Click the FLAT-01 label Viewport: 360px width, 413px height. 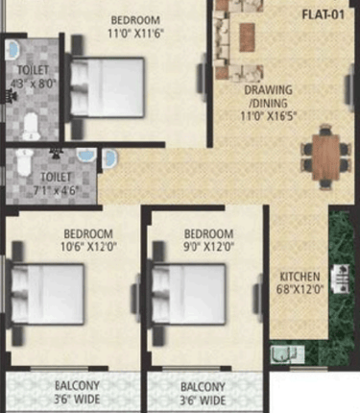pos(324,14)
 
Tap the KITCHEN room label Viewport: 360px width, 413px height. pos(300,277)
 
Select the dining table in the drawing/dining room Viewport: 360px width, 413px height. pos(325,158)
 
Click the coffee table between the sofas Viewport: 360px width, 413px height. pos(247,37)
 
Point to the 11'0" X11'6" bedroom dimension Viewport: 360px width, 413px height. pos(135,34)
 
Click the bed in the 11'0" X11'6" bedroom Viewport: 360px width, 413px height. pos(107,87)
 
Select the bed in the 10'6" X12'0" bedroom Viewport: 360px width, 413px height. pos(48,294)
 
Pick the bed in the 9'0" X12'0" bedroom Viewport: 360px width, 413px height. pos(189,294)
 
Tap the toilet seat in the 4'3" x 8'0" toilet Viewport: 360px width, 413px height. pos(31,127)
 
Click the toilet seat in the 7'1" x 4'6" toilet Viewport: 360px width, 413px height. pos(25,162)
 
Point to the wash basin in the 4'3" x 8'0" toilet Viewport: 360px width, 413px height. pos(13,50)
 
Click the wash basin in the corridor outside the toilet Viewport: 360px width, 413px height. pos(110,158)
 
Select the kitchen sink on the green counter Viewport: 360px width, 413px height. pos(287,354)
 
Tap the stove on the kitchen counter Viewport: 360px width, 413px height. pos(341,279)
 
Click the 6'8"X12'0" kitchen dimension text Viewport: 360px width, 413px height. pos(300,290)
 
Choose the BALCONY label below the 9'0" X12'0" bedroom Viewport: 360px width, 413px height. pos(203,387)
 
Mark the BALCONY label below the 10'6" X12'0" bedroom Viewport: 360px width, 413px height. pos(77,385)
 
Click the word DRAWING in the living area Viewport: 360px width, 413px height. pos(268,90)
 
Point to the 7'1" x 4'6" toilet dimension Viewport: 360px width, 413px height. pos(56,190)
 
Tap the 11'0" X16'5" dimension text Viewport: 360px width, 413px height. pos(269,115)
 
